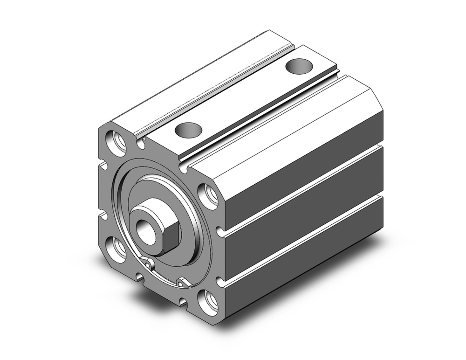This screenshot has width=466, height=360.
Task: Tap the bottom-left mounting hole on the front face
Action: (x=116, y=248)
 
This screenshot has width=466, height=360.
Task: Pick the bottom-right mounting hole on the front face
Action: (x=208, y=302)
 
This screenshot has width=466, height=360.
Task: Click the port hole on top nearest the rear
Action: (x=298, y=66)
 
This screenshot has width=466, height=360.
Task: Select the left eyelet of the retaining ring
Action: (x=149, y=265)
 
